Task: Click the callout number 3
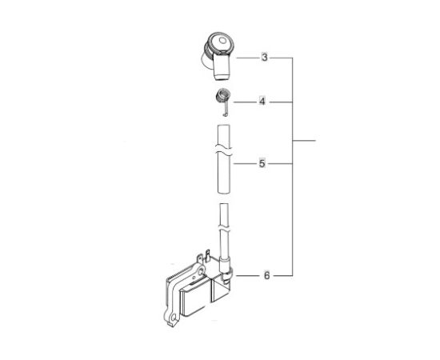pyautogui.click(x=264, y=58)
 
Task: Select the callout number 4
pyautogui.click(x=263, y=102)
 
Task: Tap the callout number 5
pyautogui.click(x=263, y=164)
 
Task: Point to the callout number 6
pyautogui.click(x=266, y=275)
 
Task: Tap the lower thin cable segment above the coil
pyautogui.click(x=225, y=228)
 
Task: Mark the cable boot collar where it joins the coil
pyautogui.click(x=227, y=276)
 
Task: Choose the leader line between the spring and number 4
pyautogui.click(x=244, y=102)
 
